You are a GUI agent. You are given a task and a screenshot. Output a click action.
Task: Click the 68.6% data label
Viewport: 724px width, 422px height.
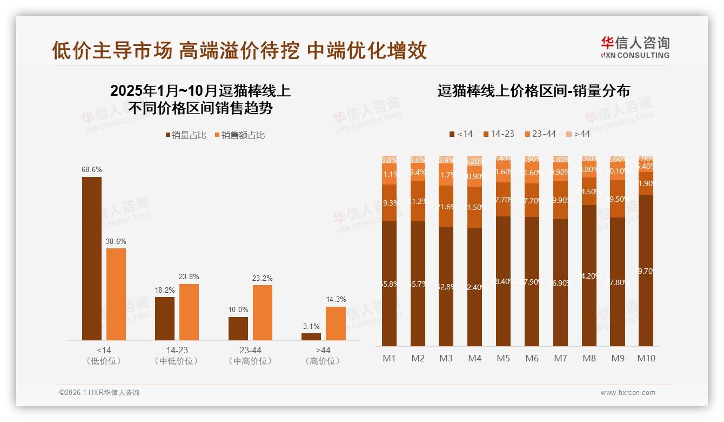[x=92, y=169]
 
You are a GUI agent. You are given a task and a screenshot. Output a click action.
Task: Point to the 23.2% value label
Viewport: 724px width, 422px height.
[x=262, y=278]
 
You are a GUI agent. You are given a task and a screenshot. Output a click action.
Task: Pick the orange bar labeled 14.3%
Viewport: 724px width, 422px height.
[x=336, y=323]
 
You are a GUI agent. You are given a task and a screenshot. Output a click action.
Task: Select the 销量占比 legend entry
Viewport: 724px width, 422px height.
[x=186, y=135]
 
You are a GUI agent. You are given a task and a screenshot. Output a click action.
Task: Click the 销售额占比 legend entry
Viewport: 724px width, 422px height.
[x=240, y=135]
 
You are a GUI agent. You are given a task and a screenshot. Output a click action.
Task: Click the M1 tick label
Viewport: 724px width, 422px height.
[x=389, y=358]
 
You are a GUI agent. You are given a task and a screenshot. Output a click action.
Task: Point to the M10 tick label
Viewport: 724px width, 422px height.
[x=646, y=358]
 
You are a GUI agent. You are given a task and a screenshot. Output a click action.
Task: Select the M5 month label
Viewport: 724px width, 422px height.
[x=503, y=358]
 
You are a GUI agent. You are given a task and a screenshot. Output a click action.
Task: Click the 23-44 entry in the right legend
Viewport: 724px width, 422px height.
[x=540, y=134]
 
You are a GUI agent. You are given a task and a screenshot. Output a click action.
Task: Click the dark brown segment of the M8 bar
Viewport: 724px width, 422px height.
[x=589, y=275]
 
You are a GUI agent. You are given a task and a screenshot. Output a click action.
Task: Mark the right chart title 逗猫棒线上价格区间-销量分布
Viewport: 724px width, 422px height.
[x=533, y=91]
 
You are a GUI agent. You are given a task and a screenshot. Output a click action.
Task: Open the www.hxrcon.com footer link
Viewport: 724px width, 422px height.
[x=628, y=393]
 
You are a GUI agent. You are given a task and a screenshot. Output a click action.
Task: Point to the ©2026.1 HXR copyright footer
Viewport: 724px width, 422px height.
[x=99, y=393]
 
